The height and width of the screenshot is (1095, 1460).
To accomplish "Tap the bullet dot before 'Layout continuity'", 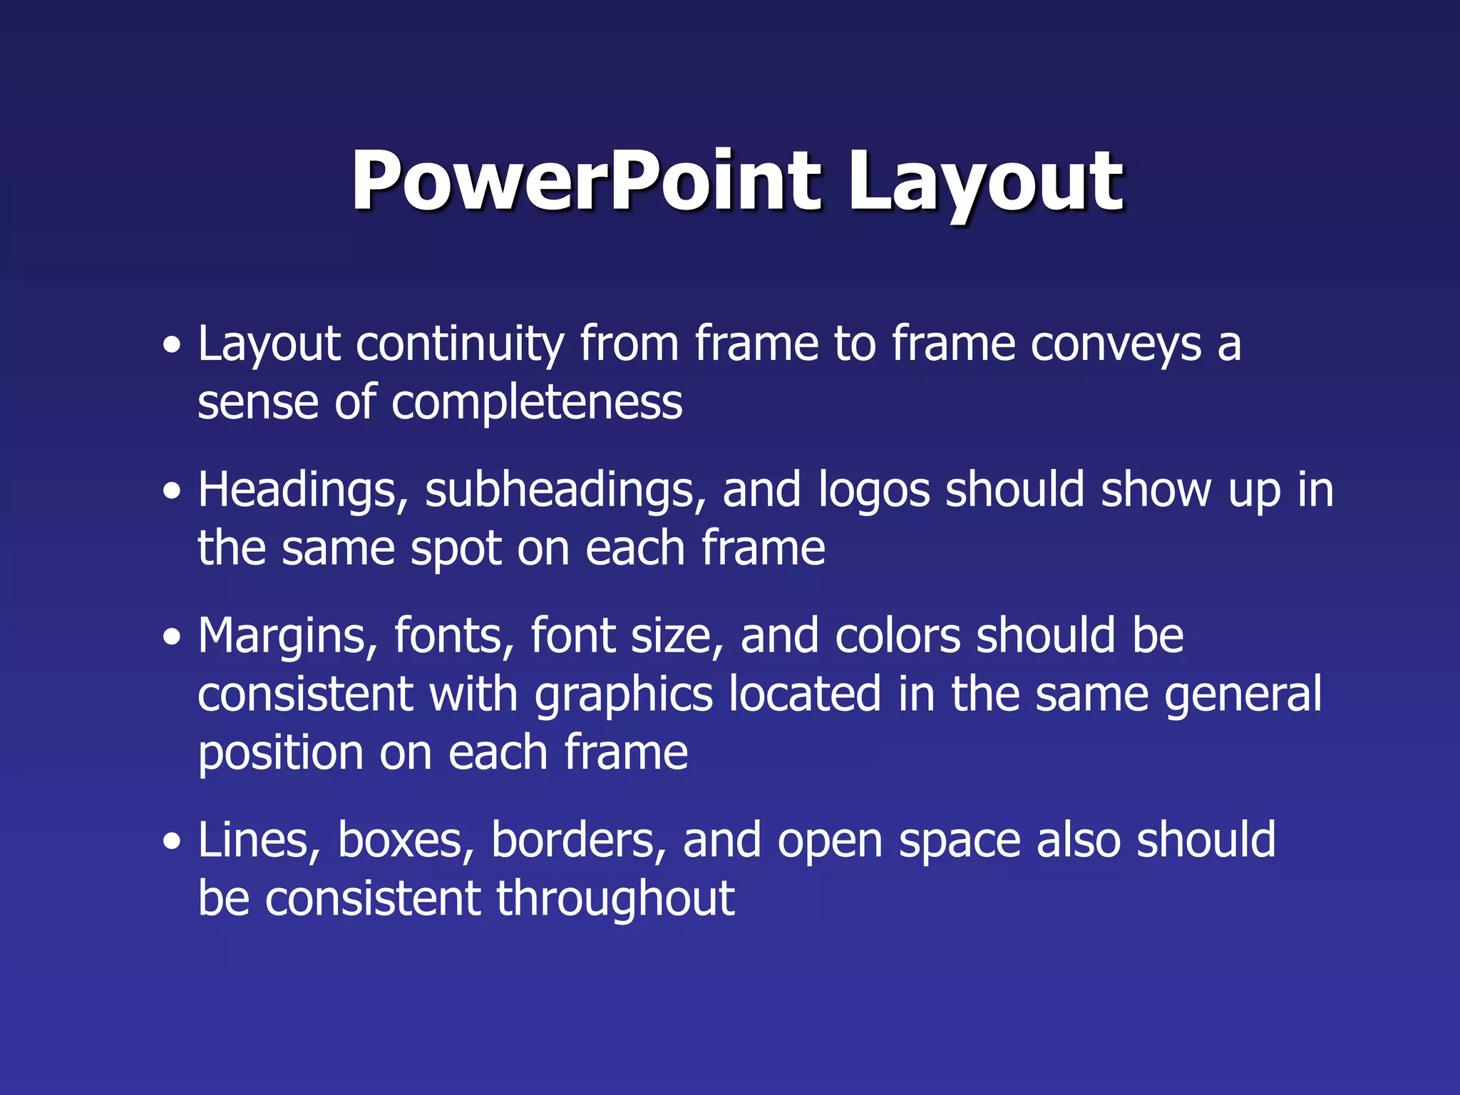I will click(171, 346).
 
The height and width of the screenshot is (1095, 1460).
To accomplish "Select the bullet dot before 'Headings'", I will click(171, 492).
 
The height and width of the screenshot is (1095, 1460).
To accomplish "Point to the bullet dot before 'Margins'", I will click(171, 637).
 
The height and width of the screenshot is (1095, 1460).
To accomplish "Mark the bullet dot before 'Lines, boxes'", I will click(171, 842).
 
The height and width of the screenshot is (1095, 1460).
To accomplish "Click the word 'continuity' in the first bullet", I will click(459, 345).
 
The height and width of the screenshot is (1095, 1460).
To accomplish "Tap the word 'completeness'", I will click(536, 403).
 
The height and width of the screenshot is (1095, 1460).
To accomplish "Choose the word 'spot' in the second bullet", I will click(455, 549).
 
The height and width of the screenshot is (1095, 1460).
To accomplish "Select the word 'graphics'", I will click(624, 696).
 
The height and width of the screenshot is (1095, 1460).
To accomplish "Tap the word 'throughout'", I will click(615, 900).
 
